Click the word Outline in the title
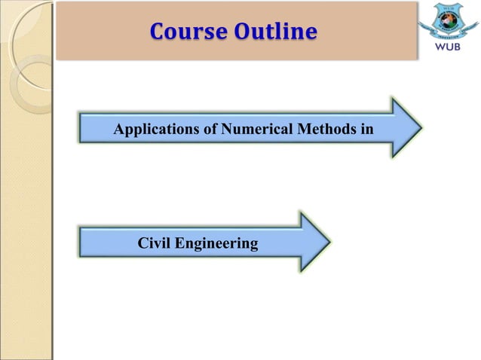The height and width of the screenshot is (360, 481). pyautogui.click(x=274, y=32)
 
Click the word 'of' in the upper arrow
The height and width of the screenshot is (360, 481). pyautogui.click(x=211, y=130)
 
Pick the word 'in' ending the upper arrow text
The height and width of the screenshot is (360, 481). pyautogui.click(x=366, y=130)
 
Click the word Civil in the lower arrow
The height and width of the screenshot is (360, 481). pyautogui.click(x=155, y=243)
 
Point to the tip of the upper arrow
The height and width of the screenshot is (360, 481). pyautogui.click(x=420, y=127)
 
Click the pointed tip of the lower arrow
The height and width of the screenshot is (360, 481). pyautogui.click(x=329, y=242)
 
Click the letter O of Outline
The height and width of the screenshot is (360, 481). pyautogui.click(x=243, y=32)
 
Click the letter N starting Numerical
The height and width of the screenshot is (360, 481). pyautogui.click(x=227, y=130)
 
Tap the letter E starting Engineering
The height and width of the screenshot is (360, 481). pyautogui.click(x=180, y=243)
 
